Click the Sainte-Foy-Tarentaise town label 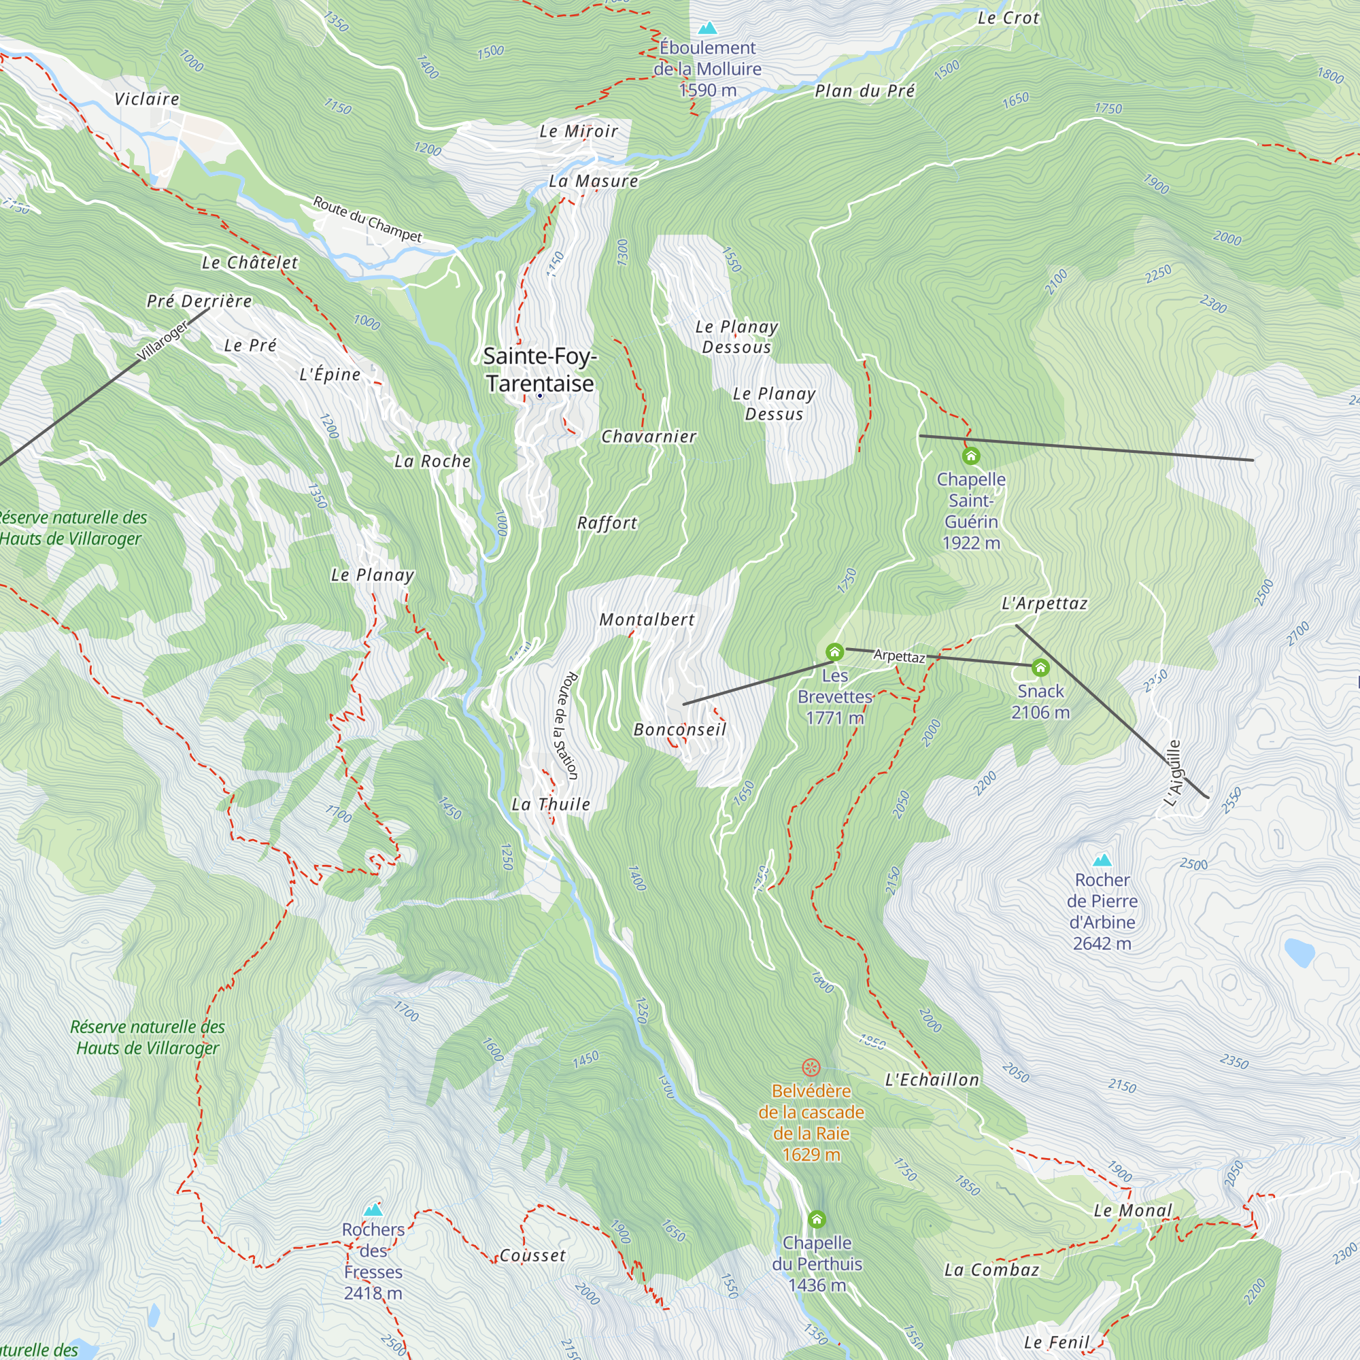click(540, 369)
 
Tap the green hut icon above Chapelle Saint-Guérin click(971, 456)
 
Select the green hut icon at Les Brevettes click(834, 652)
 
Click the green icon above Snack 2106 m click(1040, 667)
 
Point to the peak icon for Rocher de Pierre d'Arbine click(1102, 860)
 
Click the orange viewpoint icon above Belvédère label click(811, 1068)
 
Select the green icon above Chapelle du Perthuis click(817, 1219)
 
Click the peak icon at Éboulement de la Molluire click(707, 28)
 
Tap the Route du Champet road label click(367, 219)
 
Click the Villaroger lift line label click(163, 341)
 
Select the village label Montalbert click(647, 619)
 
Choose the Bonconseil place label click(680, 729)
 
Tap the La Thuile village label click(551, 804)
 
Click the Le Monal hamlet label click(1133, 1210)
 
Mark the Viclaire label click(147, 99)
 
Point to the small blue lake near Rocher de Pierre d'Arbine click(1299, 952)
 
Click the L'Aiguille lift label click(1174, 773)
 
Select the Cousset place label click(532, 1255)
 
